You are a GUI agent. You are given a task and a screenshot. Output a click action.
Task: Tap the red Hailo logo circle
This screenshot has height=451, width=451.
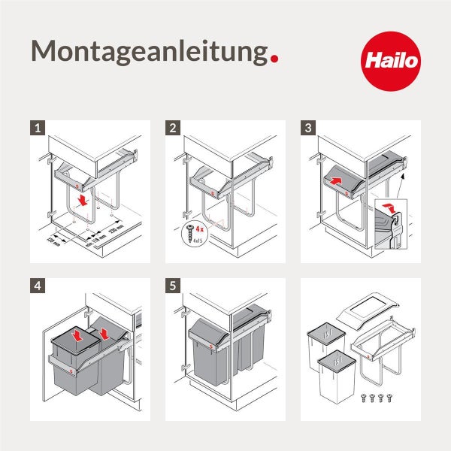pyautogui.click(x=391, y=60)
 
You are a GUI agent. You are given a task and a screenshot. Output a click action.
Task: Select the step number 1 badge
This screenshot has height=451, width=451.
pyautogui.click(x=38, y=128)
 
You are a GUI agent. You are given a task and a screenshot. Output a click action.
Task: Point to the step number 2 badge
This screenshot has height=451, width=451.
pyautogui.click(x=174, y=128)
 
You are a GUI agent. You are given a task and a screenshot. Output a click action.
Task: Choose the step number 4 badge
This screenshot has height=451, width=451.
pyautogui.click(x=38, y=286)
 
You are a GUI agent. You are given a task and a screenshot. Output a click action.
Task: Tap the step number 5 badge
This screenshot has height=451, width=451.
pyautogui.click(x=174, y=286)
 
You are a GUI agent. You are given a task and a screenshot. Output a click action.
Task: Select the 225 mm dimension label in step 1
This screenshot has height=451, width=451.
pyautogui.click(x=116, y=228)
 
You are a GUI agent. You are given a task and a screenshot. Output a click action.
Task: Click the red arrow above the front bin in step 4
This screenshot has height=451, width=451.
pyautogui.click(x=77, y=331)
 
